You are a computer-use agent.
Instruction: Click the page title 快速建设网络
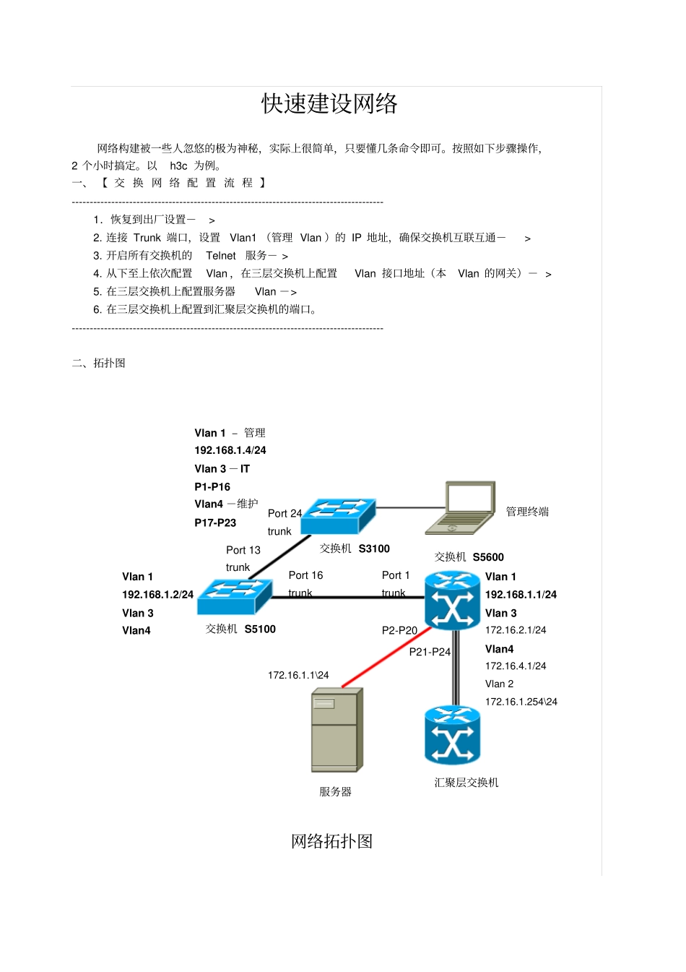point(329,103)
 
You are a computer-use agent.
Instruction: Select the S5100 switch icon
point(235,598)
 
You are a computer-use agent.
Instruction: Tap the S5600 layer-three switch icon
point(452,600)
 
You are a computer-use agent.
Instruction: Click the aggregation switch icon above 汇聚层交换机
point(452,736)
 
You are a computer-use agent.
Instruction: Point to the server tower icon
point(337,730)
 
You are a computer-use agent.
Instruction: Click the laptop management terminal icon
point(460,508)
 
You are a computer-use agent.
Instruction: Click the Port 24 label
point(285,513)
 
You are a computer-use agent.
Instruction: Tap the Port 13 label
point(243,550)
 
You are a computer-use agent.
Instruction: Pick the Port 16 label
point(305,575)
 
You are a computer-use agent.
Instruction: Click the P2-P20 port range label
point(399,630)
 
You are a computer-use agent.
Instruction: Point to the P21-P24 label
point(430,651)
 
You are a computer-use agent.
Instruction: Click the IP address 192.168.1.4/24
point(230,450)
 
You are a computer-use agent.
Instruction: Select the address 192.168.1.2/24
point(157,595)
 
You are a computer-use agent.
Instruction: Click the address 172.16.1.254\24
point(521,702)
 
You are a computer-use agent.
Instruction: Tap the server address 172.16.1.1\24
point(298,675)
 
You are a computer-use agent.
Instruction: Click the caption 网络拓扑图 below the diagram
point(331,841)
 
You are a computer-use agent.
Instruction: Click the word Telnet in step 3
point(220,256)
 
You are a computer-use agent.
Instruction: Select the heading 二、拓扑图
point(98,363)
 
